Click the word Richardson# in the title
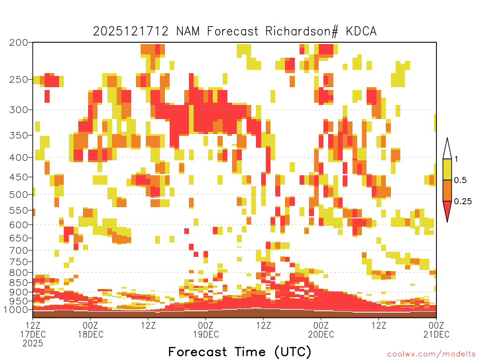(301, 31)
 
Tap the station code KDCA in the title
(361, 31)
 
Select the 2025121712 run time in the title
(131, 31)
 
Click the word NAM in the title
(187, 31)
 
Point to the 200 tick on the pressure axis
(19, 43)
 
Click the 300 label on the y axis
(19, 110)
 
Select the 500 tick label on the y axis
(19, 195)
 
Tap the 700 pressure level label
(19, 250)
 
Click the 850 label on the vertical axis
(19, 283)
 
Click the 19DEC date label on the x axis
(206, 334)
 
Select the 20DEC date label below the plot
(321, 334)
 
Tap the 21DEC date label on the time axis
(436, 334)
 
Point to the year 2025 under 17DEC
(33, 344)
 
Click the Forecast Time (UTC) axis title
(240, 352)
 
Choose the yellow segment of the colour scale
(447, 169)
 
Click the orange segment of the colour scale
(447, 190)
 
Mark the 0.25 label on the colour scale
(463, 202)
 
